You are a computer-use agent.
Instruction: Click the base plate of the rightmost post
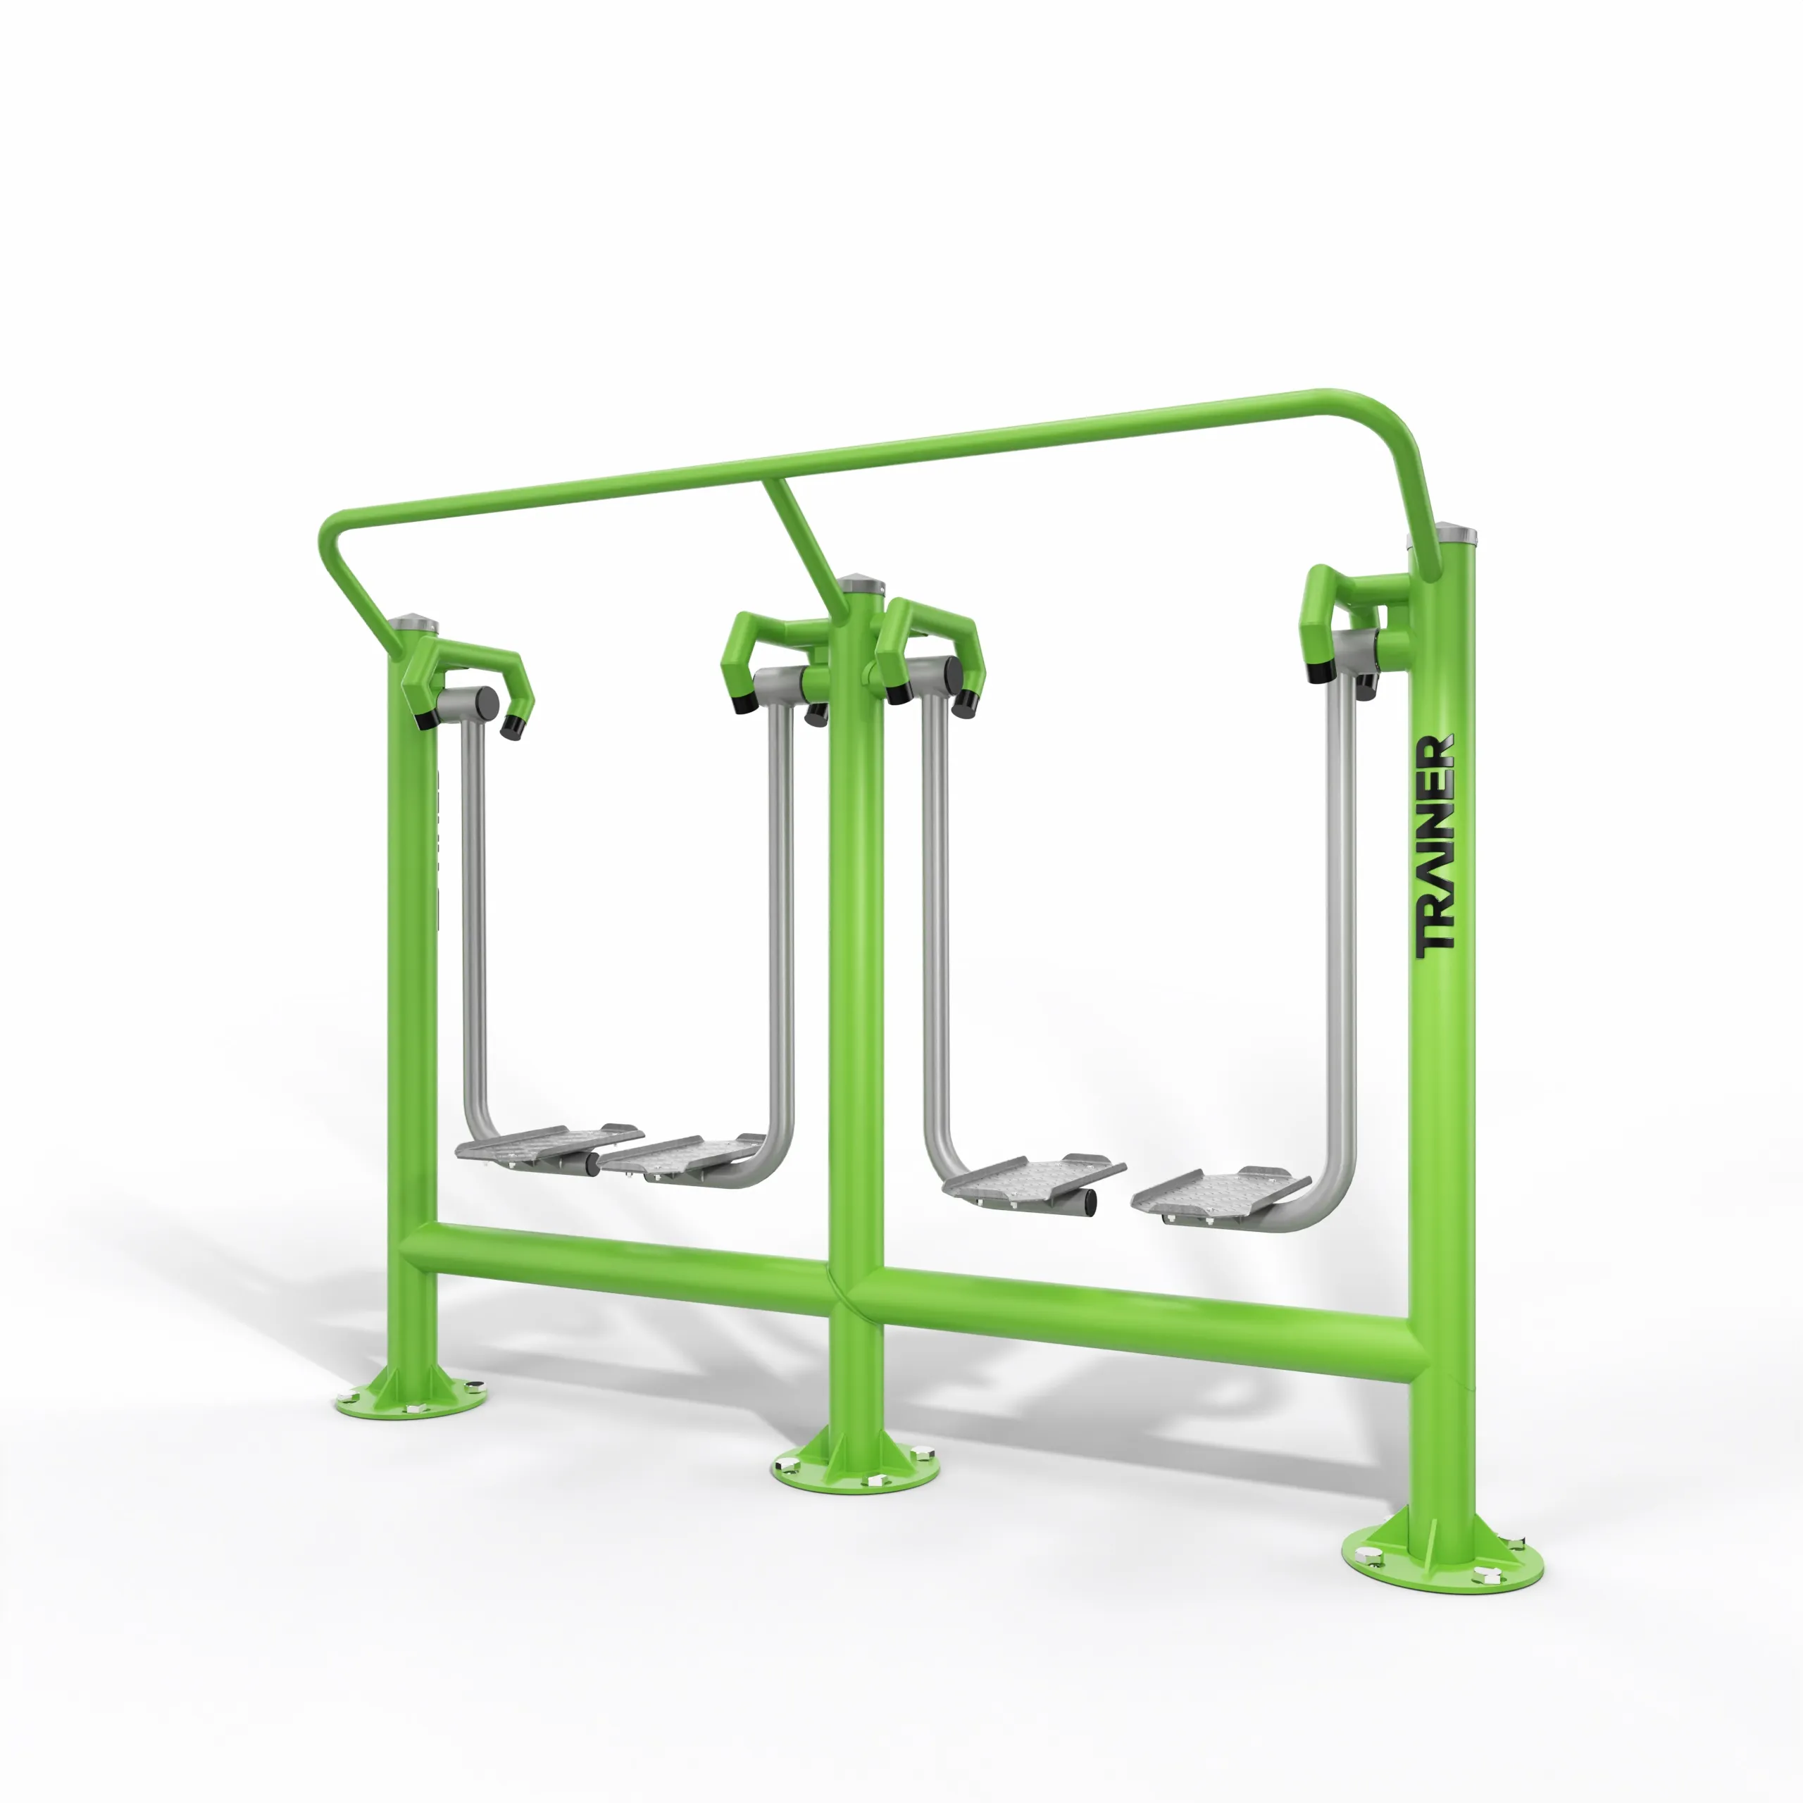1442,1556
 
